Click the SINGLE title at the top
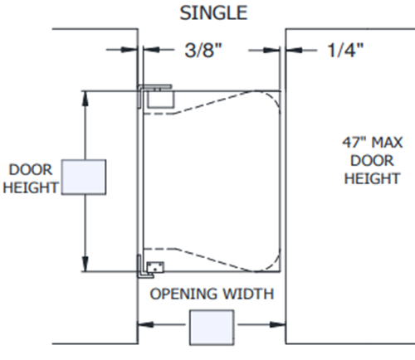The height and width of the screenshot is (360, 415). [x=213, y=12]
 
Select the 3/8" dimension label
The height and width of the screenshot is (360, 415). [x=203, y=50]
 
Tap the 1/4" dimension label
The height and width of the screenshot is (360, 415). [x=345, y=50]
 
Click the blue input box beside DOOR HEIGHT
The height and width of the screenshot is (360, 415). [x=84, y=177]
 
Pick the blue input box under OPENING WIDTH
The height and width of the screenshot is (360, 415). [x=212, y=328]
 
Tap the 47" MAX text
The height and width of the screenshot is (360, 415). [x=373, y=143]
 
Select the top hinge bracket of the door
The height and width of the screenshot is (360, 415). [x=155, y=96]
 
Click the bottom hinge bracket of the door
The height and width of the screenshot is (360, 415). [x=151, y=266]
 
